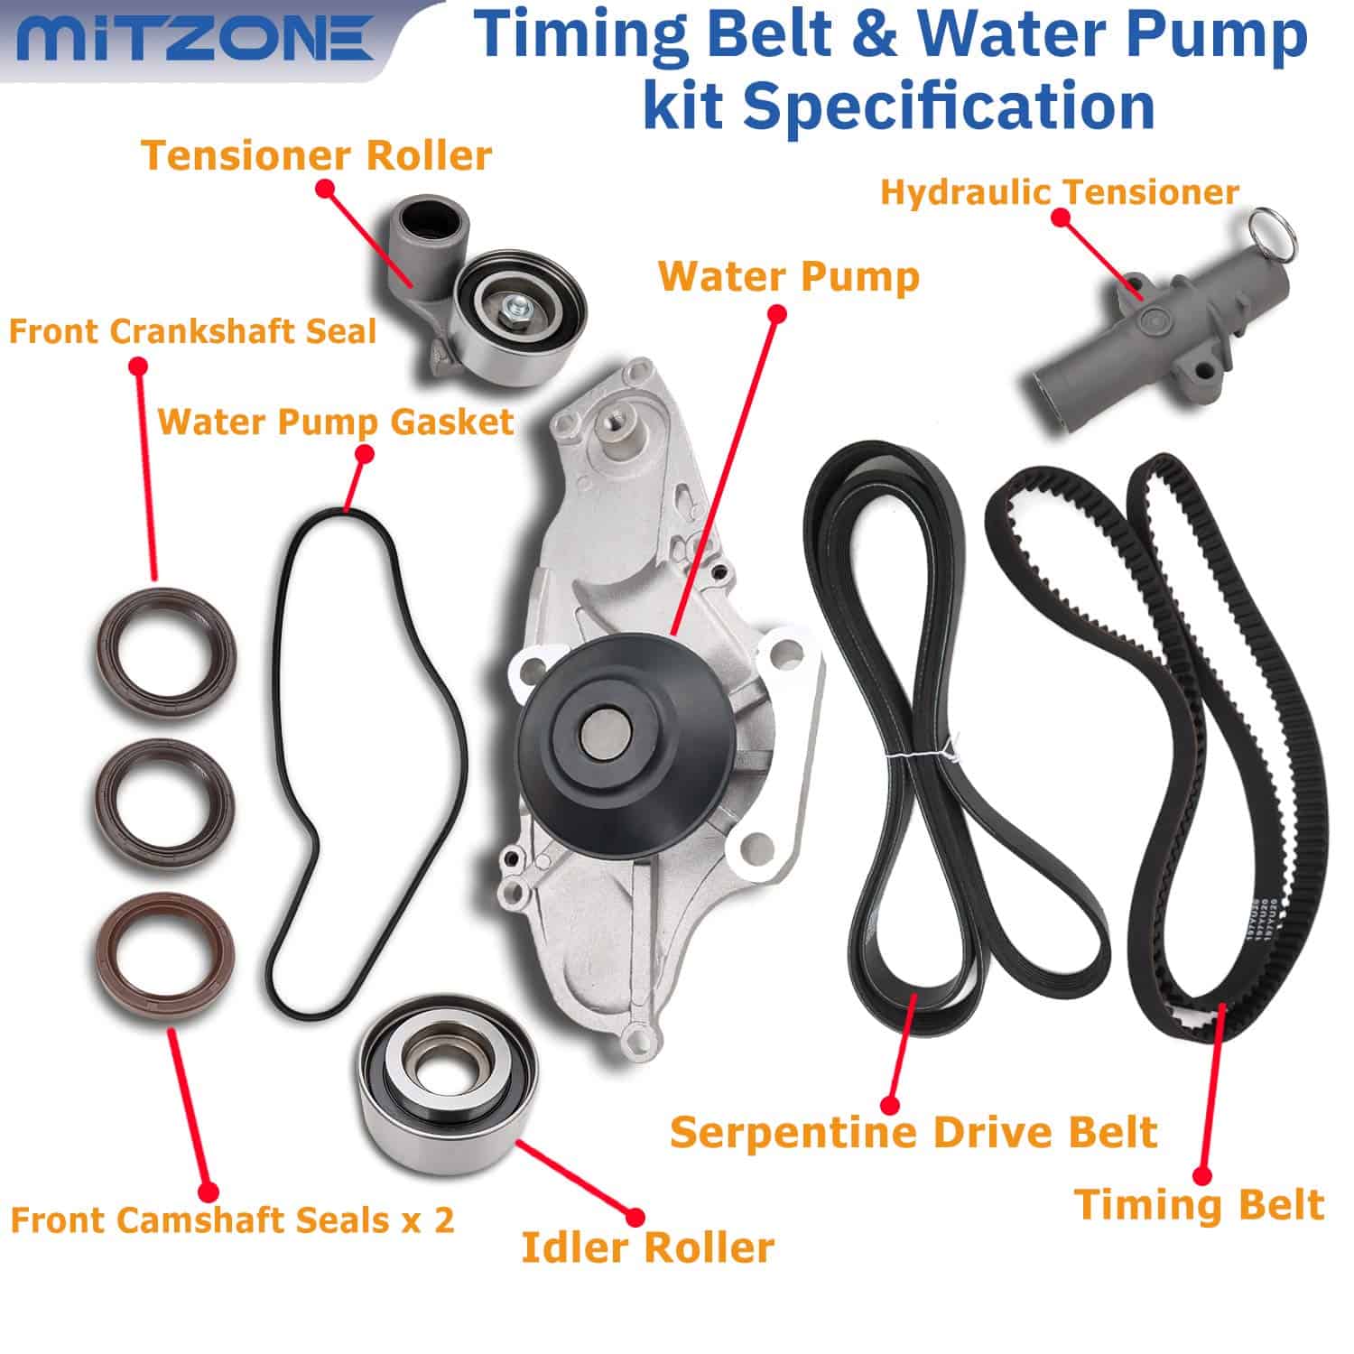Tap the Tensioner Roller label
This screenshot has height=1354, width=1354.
[317, 156]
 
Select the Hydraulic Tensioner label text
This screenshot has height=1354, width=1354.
[1059, 192]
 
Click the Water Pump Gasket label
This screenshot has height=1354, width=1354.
[336, 422]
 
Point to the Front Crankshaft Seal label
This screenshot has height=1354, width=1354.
[192, 331]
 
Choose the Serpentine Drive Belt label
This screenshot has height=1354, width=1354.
[913, 1132]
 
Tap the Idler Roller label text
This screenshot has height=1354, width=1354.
[647, 1247]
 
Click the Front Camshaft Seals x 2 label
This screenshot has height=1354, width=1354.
[232, 1220]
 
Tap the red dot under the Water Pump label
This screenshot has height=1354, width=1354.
[775, 313]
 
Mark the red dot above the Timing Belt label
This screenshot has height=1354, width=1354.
[1201, 1175]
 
